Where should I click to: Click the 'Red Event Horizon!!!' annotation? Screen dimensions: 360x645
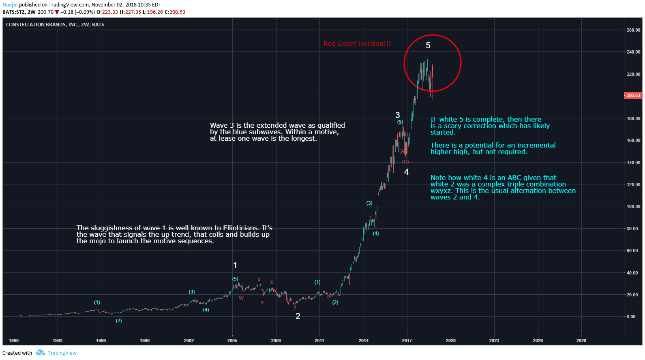[x=357, y=44]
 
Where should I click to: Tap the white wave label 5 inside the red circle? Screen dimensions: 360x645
[x=428, y=46]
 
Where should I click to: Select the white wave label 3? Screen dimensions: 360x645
[x=397, y=115]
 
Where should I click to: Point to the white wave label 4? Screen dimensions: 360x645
[x=406, y=172]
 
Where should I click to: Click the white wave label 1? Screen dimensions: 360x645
[x=235, y=265]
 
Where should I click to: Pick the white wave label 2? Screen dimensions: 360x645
[x=298, y=316]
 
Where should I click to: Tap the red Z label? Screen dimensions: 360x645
[x=295, y=309]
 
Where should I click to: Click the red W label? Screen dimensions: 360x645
[x=241, y=298]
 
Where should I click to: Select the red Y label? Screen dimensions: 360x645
[x=262, y=303]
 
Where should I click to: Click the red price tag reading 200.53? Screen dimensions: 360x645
[x=633, y=96]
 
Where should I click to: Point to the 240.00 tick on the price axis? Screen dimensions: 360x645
[x=633, y=52]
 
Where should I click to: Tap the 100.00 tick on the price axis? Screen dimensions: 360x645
[x=633, y=206]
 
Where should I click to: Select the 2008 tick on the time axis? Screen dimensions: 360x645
[x=276, y=341]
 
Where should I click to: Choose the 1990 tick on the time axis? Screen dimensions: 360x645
[x=14, y=341]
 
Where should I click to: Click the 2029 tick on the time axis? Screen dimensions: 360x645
[x=581, y=341]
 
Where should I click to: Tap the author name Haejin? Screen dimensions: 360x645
[x=10, y=5]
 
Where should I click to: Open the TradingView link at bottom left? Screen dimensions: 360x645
[x=62, y=353]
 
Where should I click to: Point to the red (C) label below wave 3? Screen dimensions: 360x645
[x=405, y=162]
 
